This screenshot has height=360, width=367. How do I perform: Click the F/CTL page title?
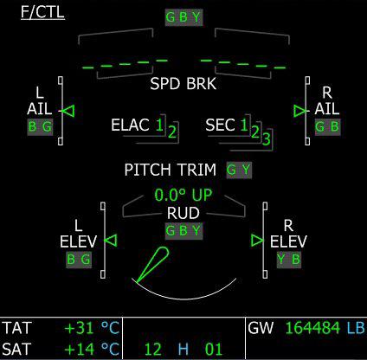pyautogui.click(x=42, y=13)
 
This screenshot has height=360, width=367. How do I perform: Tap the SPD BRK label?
pyautogui.click(x=183, y=84)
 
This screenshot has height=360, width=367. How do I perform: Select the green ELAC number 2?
pyautogui.click(x=172, y=132)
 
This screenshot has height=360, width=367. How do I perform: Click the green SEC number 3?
pyautogui.click(x=267, y=138)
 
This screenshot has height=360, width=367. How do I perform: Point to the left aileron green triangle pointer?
pyautogui.click(x=68, y=111)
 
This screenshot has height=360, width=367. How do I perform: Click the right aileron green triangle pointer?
pyautogui.click(x=300, y=111)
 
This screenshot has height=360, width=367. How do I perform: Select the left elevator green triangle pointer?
pyautogui.click(x=111, y=241)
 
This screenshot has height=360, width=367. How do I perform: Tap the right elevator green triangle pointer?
pyautogui.click(x=257, y=241)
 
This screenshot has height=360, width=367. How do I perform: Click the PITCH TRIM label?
pyautogui.click(x=171, y=170)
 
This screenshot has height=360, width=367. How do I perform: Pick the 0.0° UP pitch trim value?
pyautogui.click(x=183, y=195)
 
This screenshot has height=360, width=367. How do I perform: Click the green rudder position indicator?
pyautogui.click(x=152, y=265)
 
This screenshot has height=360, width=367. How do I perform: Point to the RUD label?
pyautogui.click(x=183, y=213)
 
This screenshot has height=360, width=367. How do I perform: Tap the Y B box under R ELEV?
pyautogui.click(x=289, y=259)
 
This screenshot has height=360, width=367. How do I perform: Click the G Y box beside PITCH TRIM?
pyautogui.click(x=239, y=170)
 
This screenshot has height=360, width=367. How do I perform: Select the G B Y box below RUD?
pyautogui.click(x=183, y=231)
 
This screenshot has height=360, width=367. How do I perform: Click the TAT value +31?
pyautogui.click(x=80, y=328)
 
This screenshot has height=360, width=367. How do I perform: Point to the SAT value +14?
pyautogui.click(x=80, y=349)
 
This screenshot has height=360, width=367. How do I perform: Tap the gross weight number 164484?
pyautogui.click(x=313, y=328)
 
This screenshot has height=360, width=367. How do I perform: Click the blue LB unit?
pyautogui.click(x=356, y=328)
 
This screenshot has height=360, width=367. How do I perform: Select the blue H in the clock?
pyautogui.click(x=183, y=349)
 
